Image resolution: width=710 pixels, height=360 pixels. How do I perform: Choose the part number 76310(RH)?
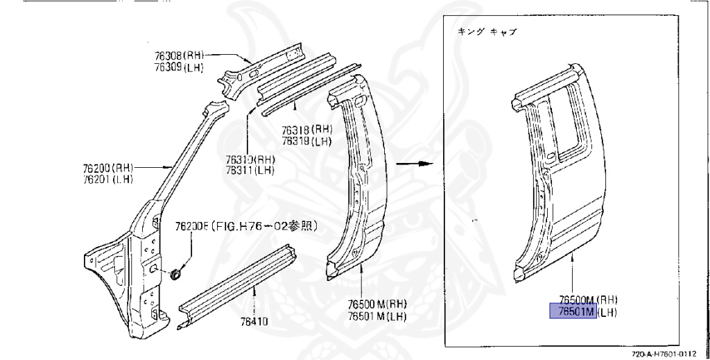[249, 159]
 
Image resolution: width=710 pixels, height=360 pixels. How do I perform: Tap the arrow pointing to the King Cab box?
[412, 164]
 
